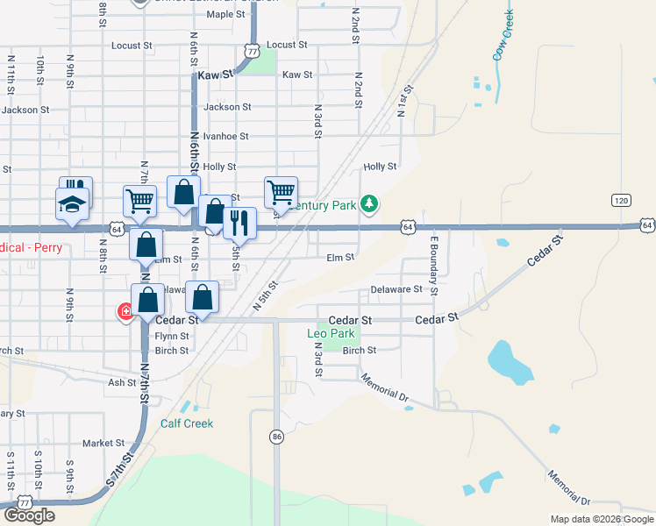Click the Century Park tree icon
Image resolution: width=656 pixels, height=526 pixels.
click(x=370, y=204)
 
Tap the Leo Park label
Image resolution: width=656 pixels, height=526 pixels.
click(x=332, y=334)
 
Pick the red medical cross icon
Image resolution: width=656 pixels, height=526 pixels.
click(x=126, y=311)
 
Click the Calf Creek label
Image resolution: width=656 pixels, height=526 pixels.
click(x=187, y=423)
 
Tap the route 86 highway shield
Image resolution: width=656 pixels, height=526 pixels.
click(x=276, y=437)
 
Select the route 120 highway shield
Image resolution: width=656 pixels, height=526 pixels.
click(x=622, y=201)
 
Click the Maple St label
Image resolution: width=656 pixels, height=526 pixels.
click(x=226, y=14)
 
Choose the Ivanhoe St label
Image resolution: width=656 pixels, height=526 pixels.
click(x=226, y=137)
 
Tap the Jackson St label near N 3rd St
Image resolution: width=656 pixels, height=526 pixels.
click(x=227, y=107)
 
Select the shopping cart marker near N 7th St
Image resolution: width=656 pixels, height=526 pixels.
click(x=140, y=201)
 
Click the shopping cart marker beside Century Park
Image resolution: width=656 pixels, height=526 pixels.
click(x=281, y=191)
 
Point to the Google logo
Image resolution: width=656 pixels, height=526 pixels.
click(x=29, y=515)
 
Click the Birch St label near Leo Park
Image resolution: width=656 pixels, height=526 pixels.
click(x=360, y=351)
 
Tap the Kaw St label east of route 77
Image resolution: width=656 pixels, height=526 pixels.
click(x=297, y=75)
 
